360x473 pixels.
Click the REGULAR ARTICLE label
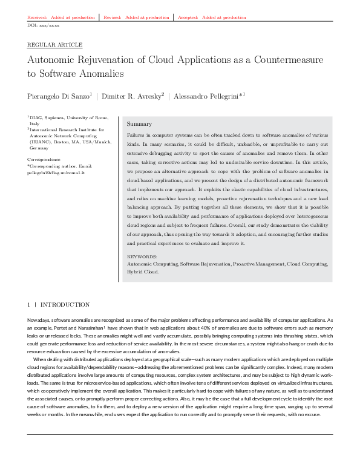pyautogui.click(x=55, y=45)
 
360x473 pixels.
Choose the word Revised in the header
pyautogui.click(x=113, y=18)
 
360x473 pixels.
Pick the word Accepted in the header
pyautogui.click(x=188, y=18)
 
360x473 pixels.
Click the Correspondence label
pyautogui.click(x=44, y=159)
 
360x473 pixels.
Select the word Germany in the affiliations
pyautogui.click(x=39, y=147)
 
